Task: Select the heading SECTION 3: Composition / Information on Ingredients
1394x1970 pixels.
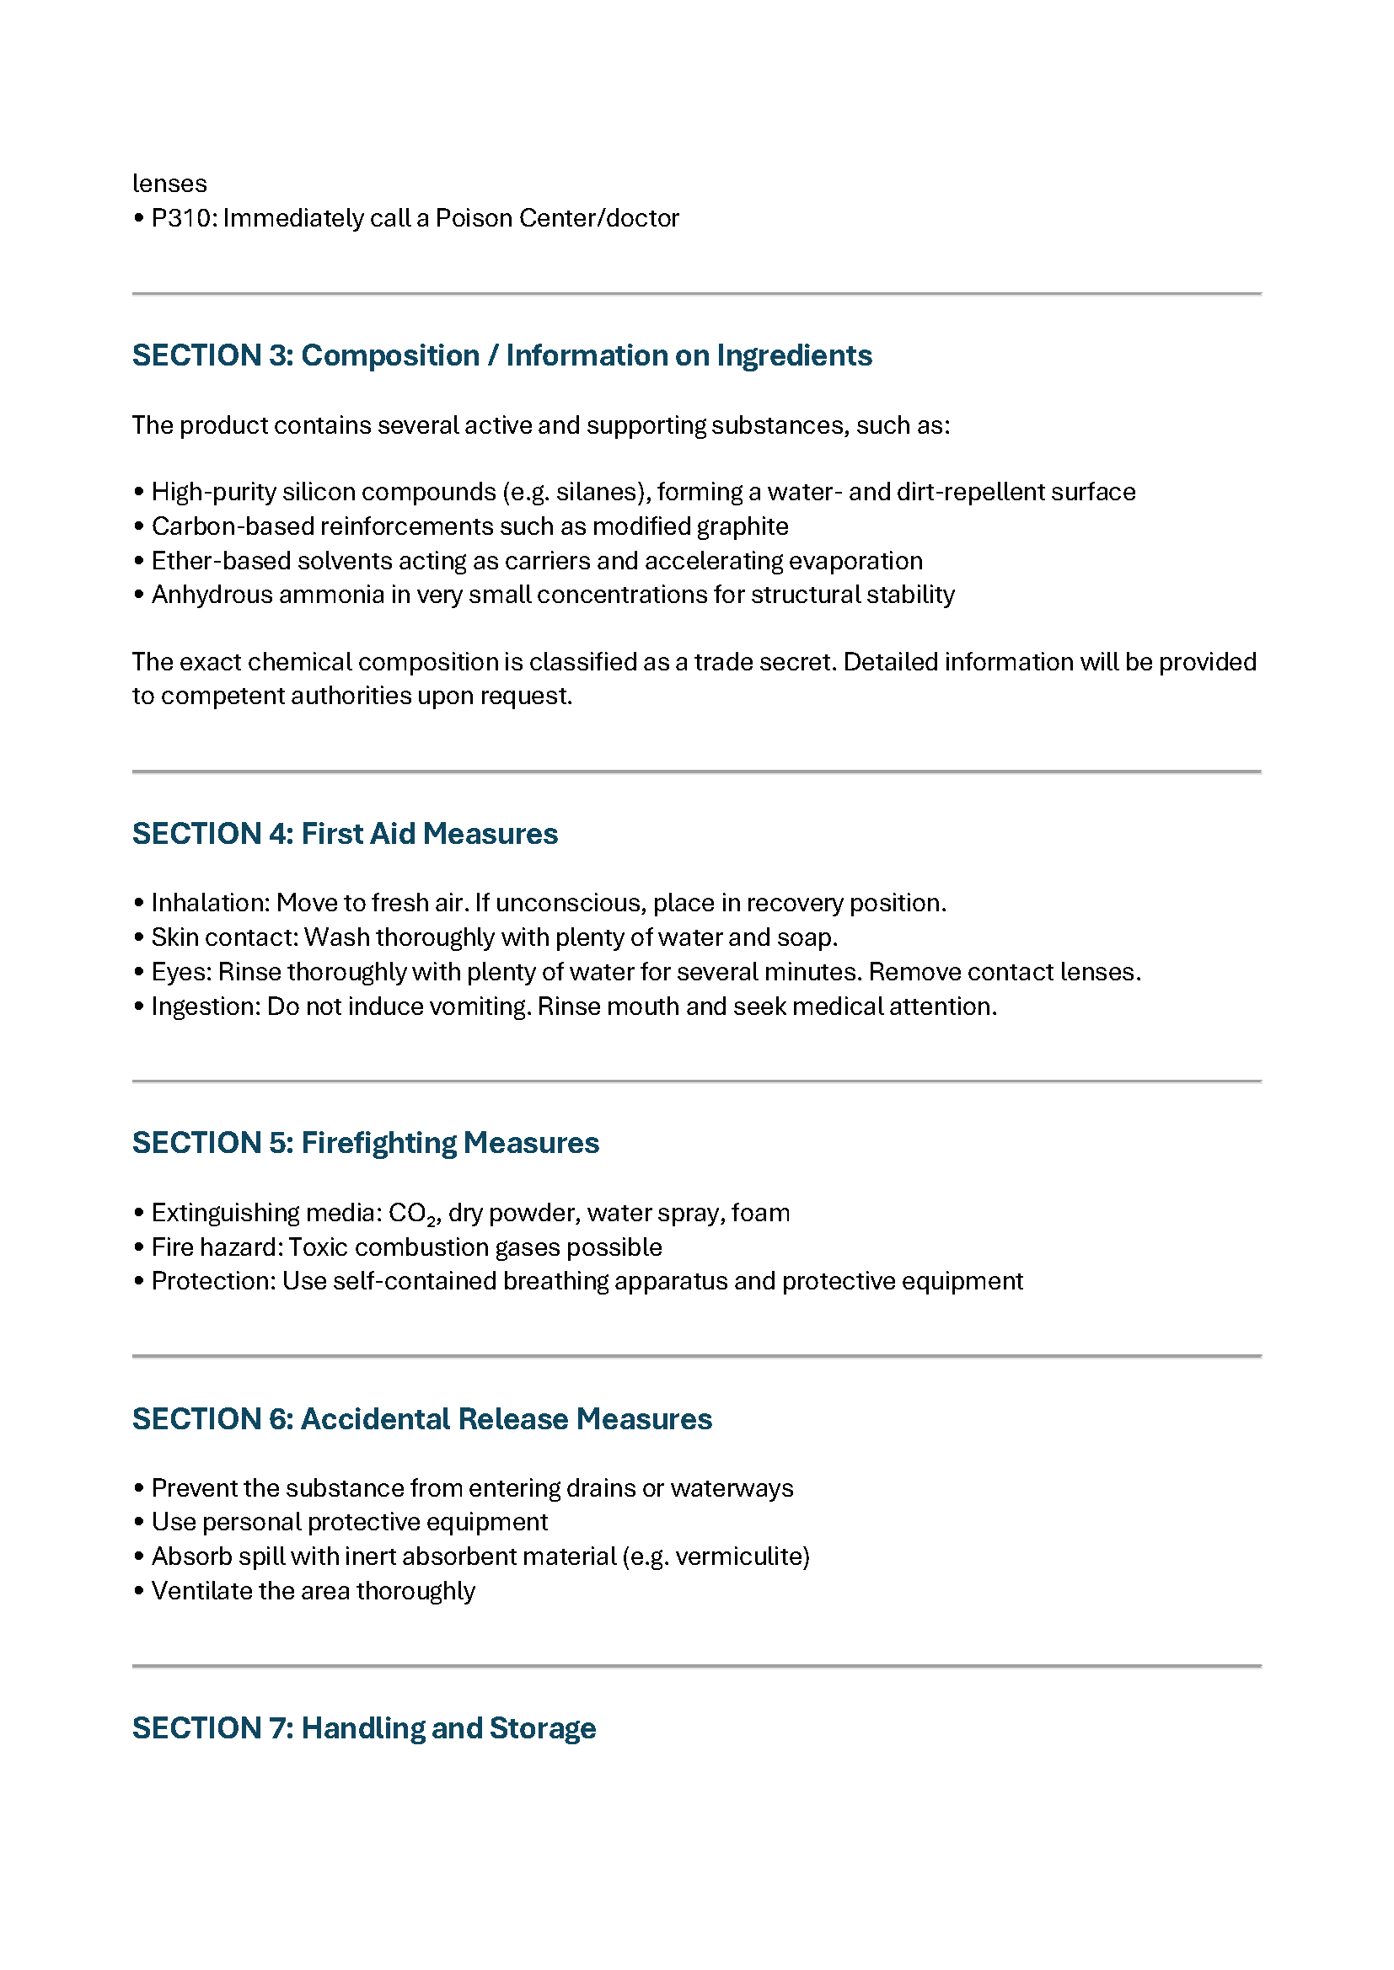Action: click(x=501, y=355)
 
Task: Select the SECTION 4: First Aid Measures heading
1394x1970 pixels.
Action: click(x=344, y=833)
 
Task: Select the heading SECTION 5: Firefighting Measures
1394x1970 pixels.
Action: click(x=365, y=1143)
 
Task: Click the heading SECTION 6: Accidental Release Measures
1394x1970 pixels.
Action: click(x=421, y=1419)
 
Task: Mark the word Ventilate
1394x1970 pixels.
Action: click(x=201, y=1591)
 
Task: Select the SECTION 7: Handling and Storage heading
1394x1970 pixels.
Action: click(x=363, y=1728)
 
